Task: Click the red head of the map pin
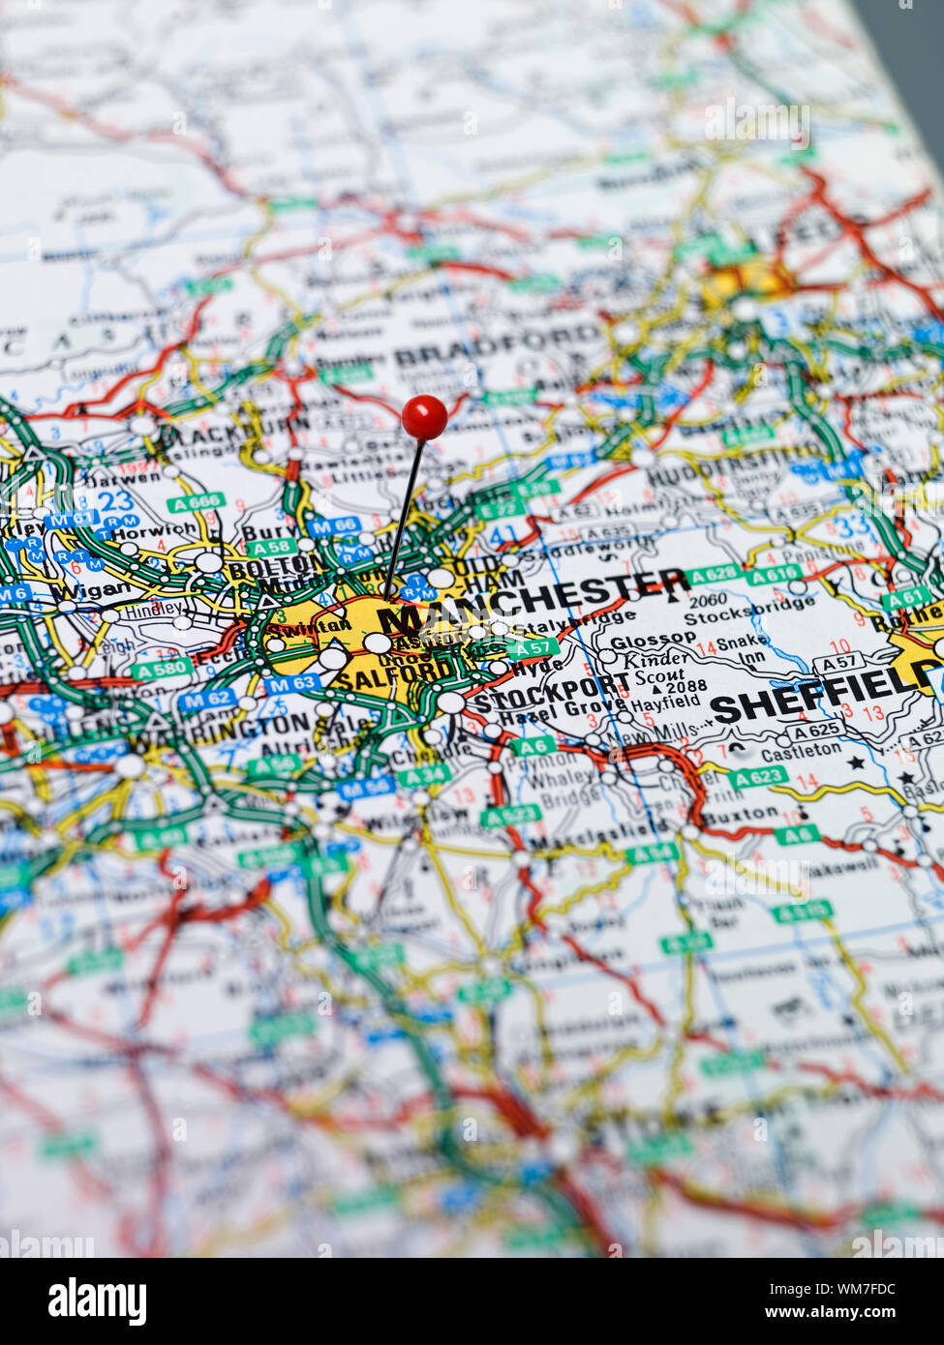[x=424, y=417]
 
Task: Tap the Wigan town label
[x=90, y=589]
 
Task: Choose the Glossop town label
[x=653, y=640]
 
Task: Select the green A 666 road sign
[x=196, y=502]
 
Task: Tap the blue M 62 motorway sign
[x=205, y=699]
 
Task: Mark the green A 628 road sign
[x=715, y=575]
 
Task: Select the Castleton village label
[x=801, y=751]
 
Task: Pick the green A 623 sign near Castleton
[x=756, y=776]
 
